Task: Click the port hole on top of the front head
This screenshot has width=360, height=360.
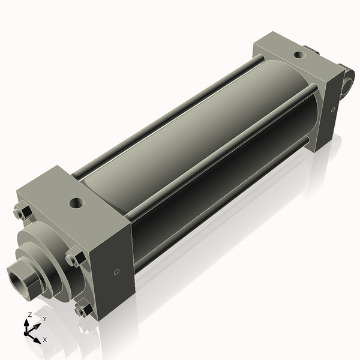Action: click(x=76, y=203)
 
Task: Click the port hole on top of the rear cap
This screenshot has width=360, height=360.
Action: click(x=298, y=55)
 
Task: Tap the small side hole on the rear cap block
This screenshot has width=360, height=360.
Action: click(x=333, y=110)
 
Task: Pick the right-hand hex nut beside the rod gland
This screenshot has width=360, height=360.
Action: click(x=74, y=259)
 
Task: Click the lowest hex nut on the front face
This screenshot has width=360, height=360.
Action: click(x=82, y=310)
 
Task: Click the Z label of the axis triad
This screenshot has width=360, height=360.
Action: click(x=30, y=314)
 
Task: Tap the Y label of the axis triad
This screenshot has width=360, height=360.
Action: click(x=44, y=319)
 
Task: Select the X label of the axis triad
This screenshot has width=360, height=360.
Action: click(x=44, y=340)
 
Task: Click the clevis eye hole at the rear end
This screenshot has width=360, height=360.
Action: click(x=346, y=87)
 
